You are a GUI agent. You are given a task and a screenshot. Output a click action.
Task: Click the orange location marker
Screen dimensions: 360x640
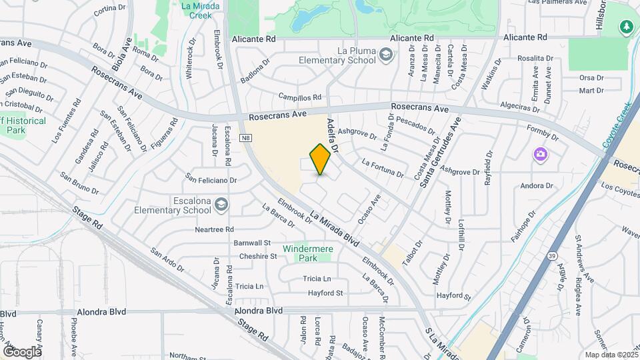pyautogui.click(x=321, y=159)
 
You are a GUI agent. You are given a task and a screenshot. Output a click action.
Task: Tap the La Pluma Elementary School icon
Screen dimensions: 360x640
pyautogui.click(x=385, y=55)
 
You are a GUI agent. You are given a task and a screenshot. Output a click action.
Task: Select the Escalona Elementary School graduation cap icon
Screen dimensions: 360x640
pyautogui.click(x=220, y=205)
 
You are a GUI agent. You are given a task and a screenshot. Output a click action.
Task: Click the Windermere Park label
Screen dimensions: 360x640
pyautogui.click(x=307, y=253)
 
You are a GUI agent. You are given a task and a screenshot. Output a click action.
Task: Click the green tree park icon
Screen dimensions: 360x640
pyautogui.click(x=626, y=27)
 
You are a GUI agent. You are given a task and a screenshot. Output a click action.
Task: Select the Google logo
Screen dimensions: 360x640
pyautogui.click(x=22, y=351)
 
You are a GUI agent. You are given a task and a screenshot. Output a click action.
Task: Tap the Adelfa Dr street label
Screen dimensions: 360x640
pyautogui.click(x=333, y=135)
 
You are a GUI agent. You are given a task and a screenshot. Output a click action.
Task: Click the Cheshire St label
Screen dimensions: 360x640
pyautogui.click(x=257, y=256)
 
